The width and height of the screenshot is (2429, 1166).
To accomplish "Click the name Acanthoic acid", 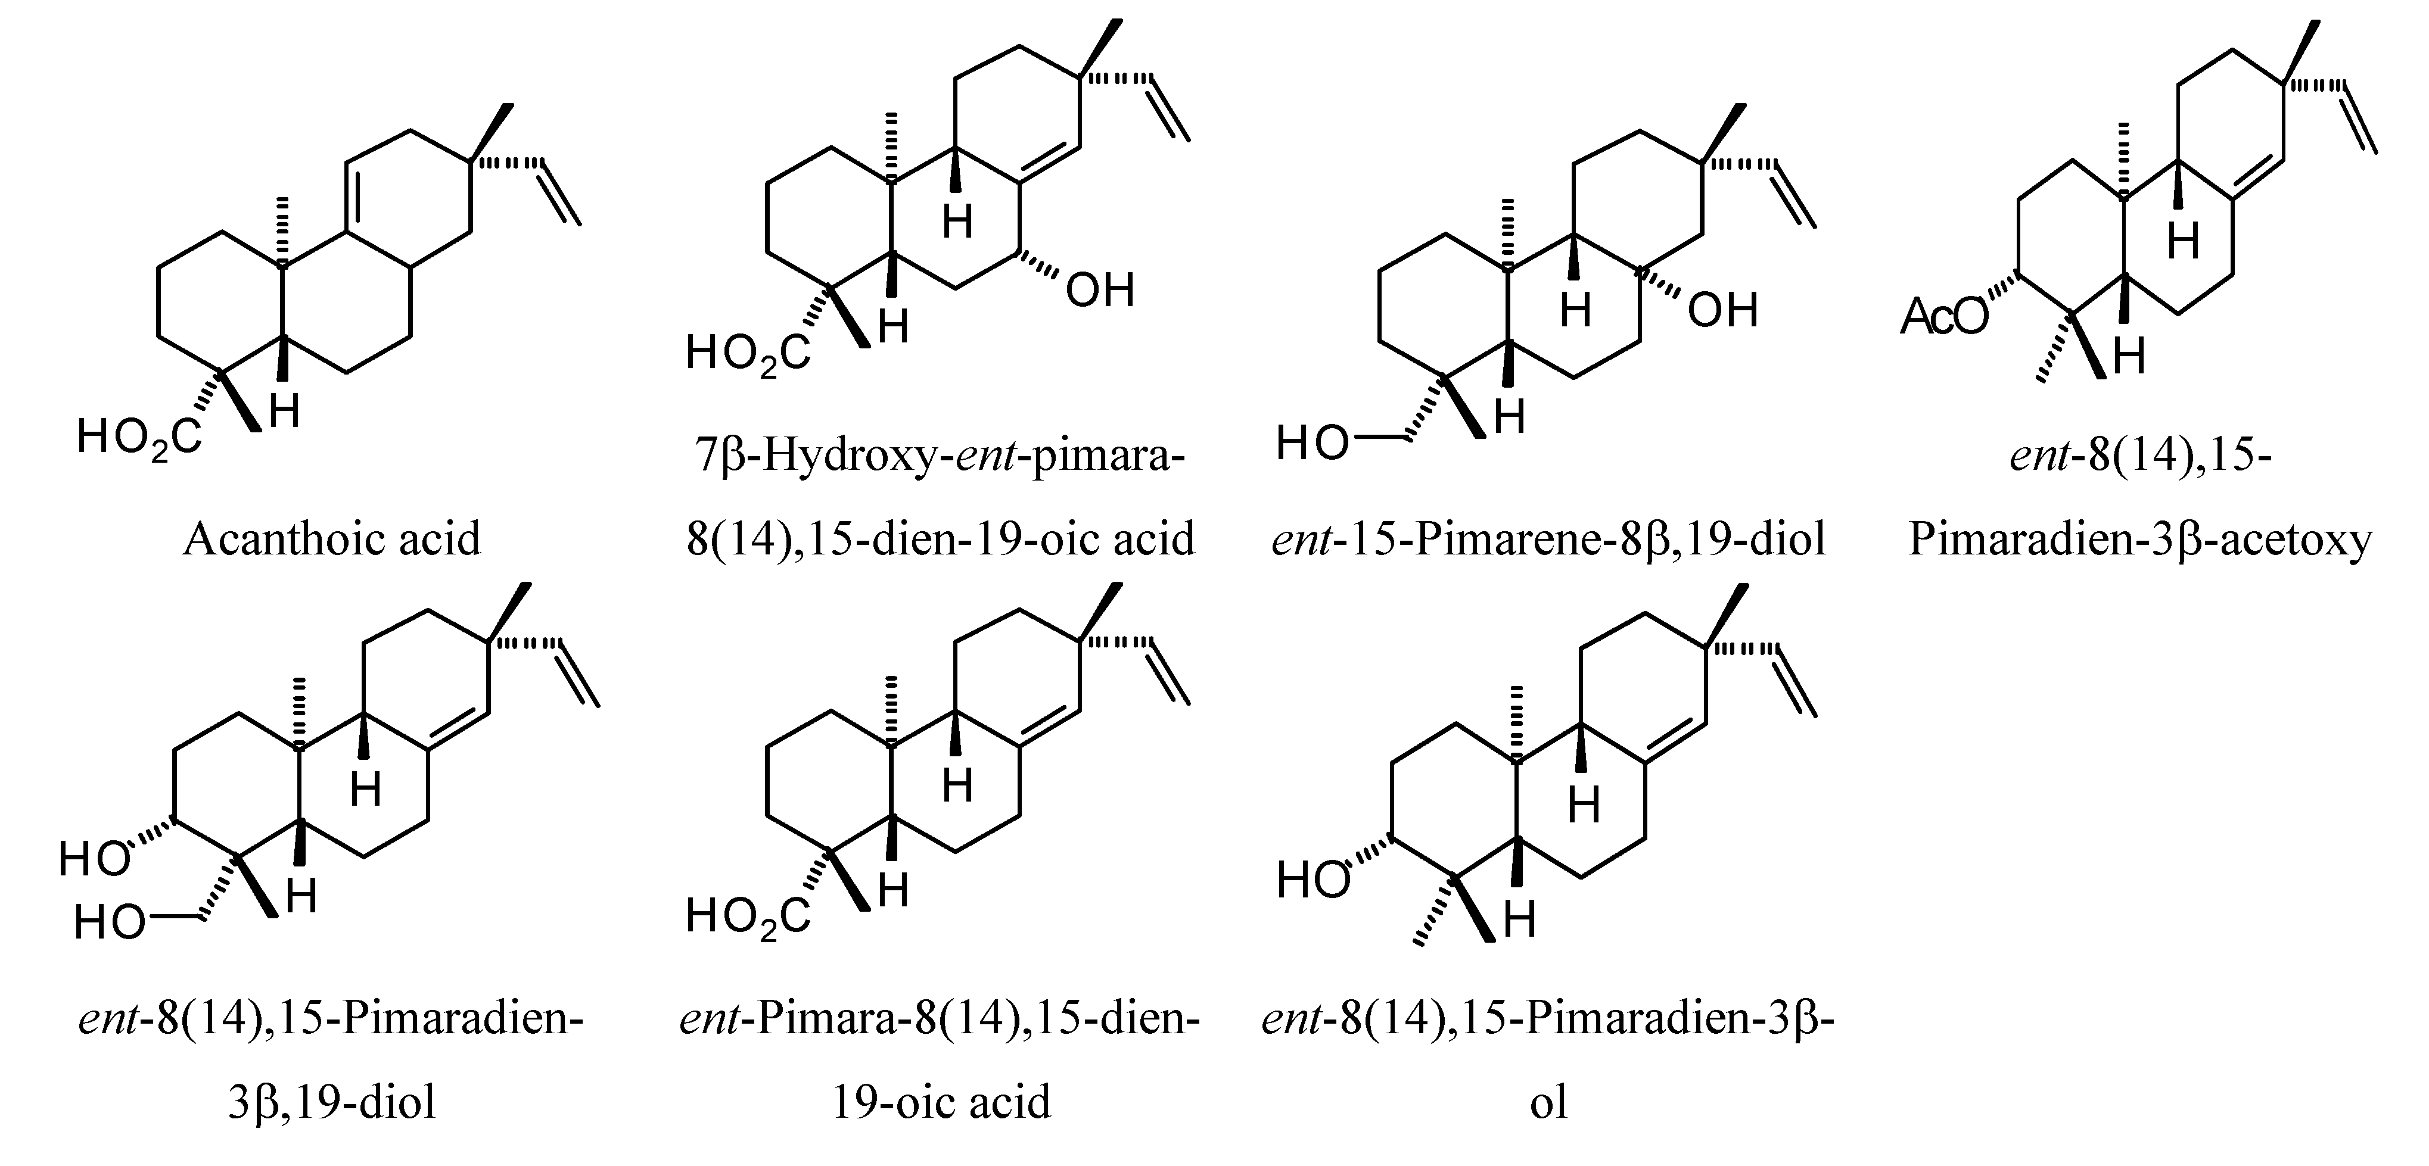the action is coord(332,539).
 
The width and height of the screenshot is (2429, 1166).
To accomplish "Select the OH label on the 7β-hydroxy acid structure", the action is coord(1099,291).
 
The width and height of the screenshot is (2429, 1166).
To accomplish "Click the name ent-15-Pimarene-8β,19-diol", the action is coord(1548,539).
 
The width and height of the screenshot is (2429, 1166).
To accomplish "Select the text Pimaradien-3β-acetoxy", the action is coord(2139,539).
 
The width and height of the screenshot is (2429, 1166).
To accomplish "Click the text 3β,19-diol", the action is coord(332,1102).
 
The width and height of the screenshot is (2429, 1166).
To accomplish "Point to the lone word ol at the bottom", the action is coord(1548,1102).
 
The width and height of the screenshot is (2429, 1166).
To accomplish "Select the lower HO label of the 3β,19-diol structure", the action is coord(110,923).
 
